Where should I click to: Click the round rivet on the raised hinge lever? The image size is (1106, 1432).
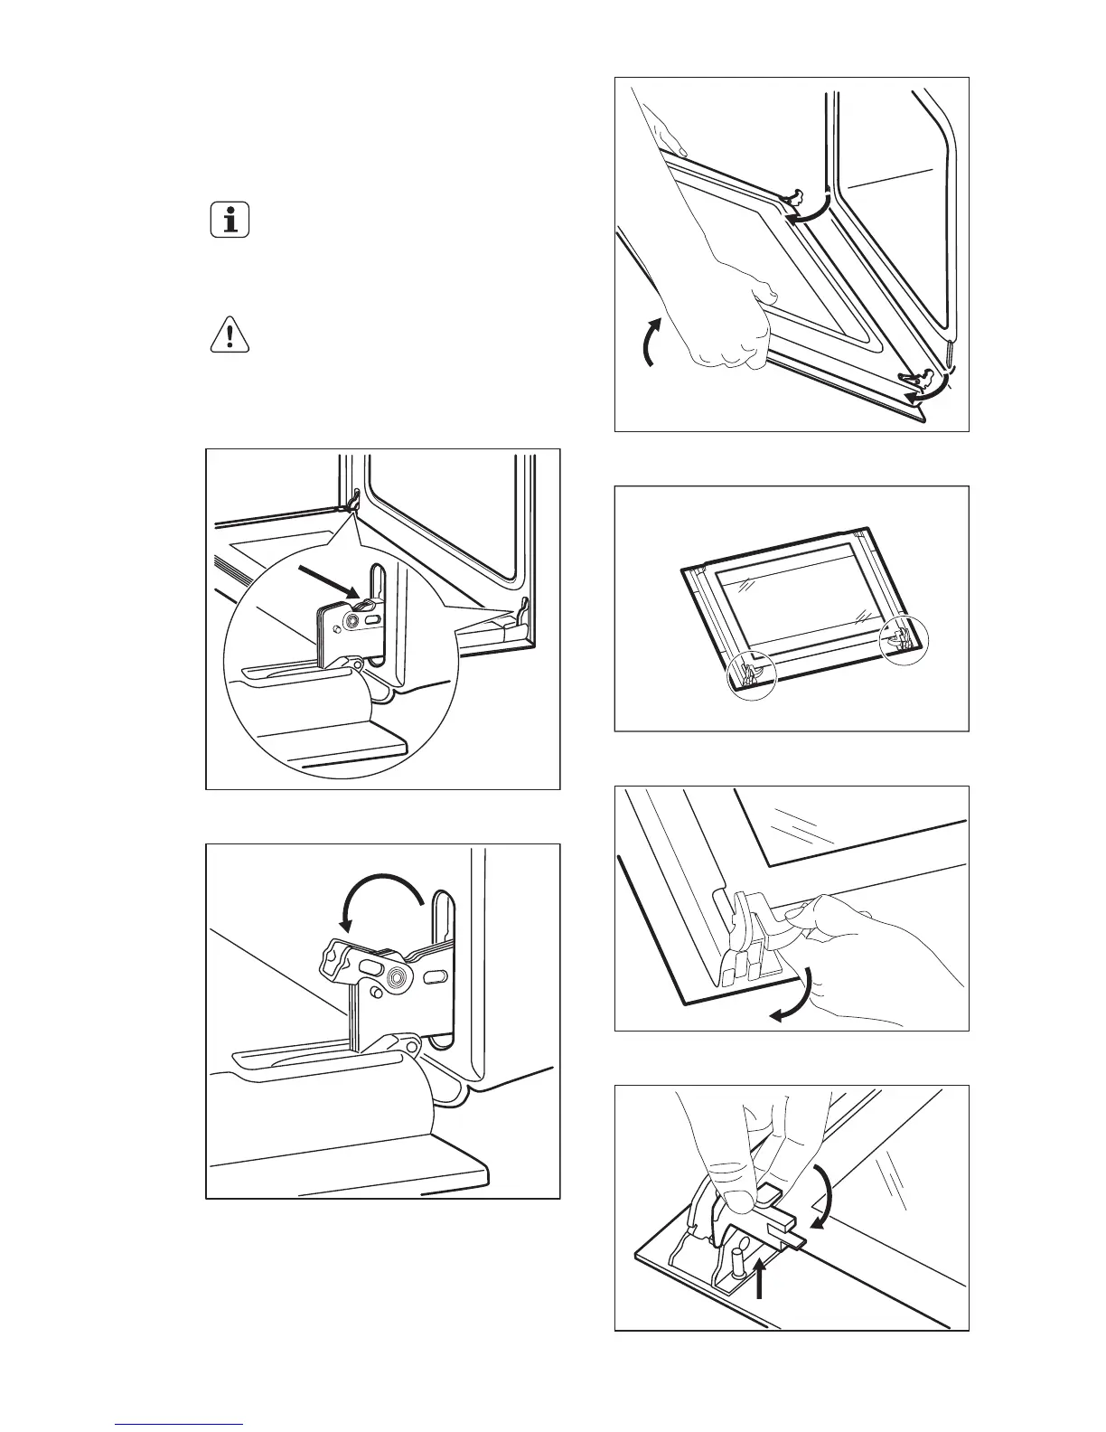(397, 977)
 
